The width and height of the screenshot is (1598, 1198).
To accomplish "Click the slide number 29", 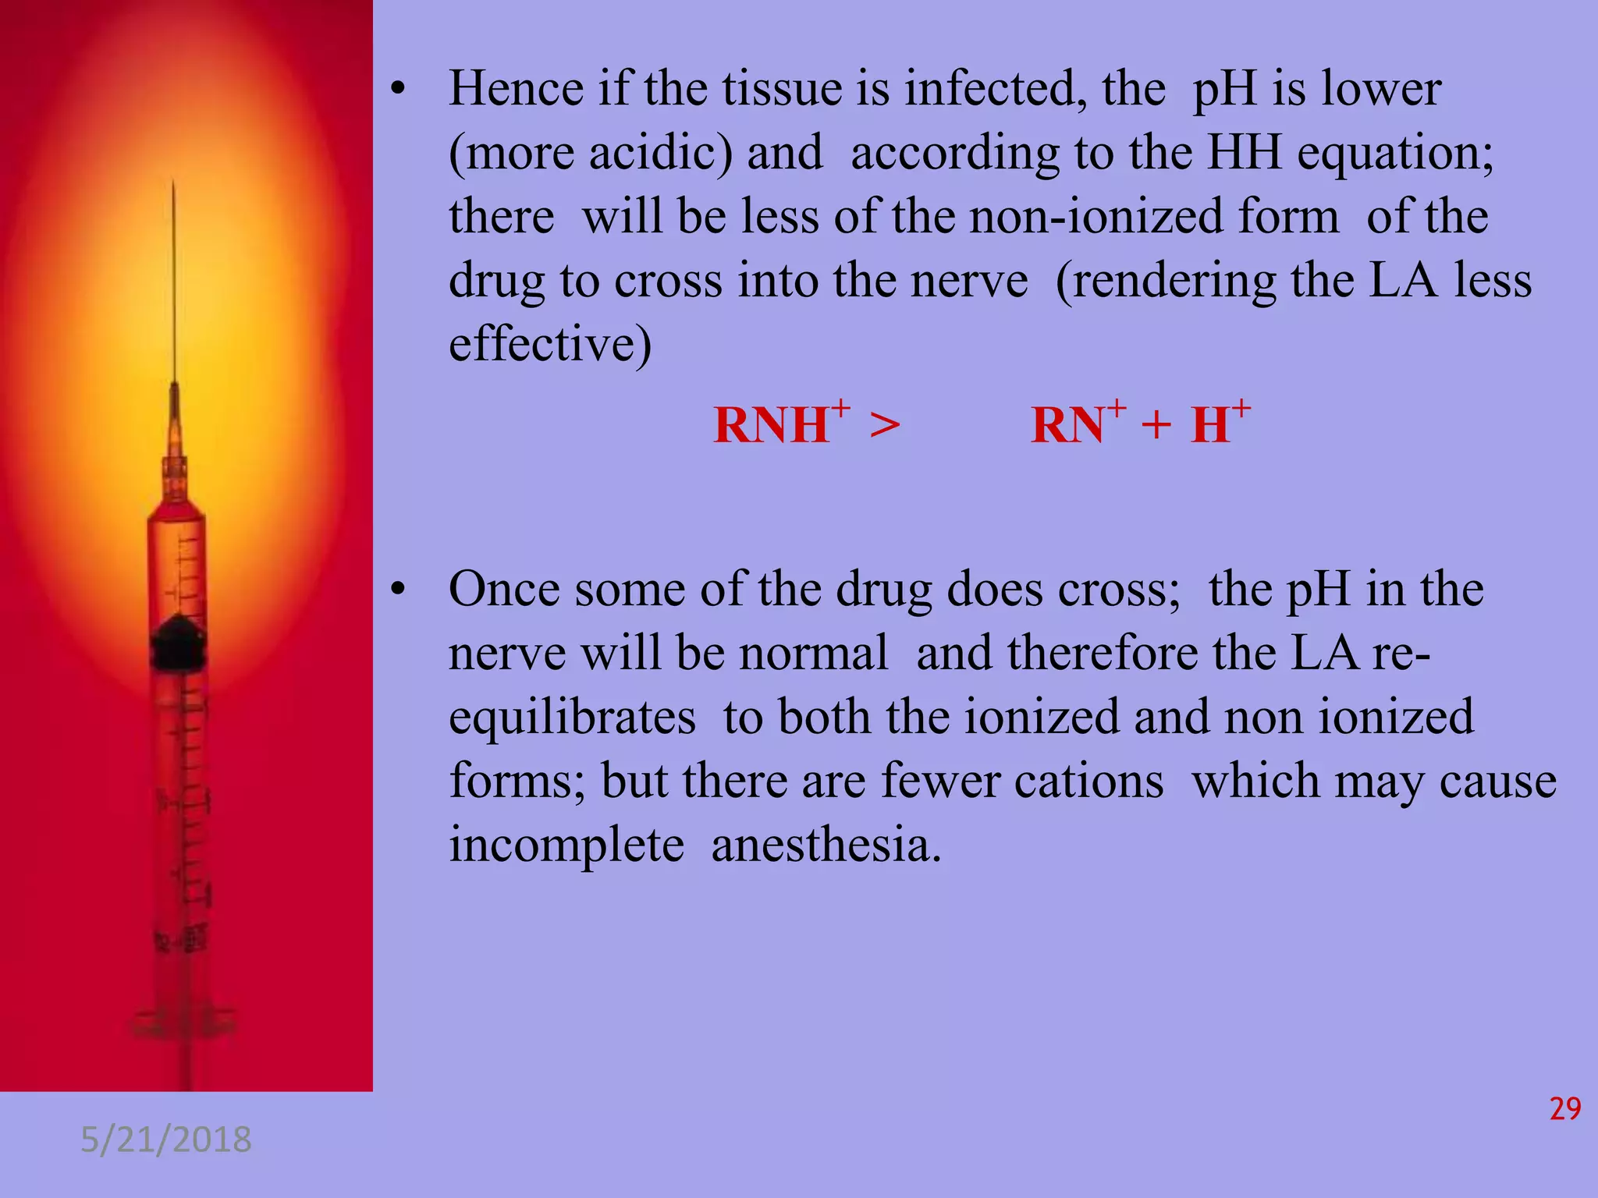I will [x=1564, y=1108].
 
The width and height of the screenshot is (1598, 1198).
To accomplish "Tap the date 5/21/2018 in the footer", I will [x=166, y=1140].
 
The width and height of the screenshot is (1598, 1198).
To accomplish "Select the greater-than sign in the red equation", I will [x=884, y=426].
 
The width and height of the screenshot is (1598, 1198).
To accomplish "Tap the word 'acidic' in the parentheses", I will [x=660, y=152].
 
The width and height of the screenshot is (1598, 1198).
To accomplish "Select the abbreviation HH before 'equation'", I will [x=1244, y=152].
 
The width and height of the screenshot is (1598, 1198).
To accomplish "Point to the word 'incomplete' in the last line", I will [x=566, y=845].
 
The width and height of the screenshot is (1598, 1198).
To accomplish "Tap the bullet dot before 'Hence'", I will [x=399, y=90].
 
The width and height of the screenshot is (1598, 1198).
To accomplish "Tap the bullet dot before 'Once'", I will [x=399, y=591].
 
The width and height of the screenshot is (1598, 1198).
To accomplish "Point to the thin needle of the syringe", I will [x=174, y=281].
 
